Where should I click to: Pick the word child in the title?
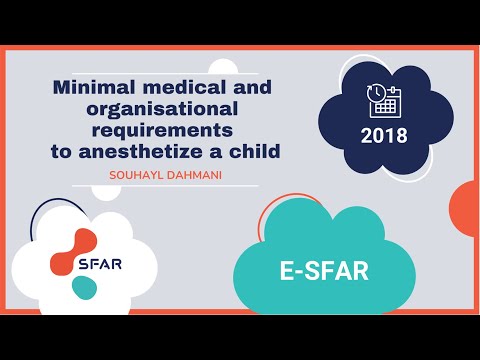point(254,151)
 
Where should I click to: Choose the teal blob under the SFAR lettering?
point(85,287)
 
